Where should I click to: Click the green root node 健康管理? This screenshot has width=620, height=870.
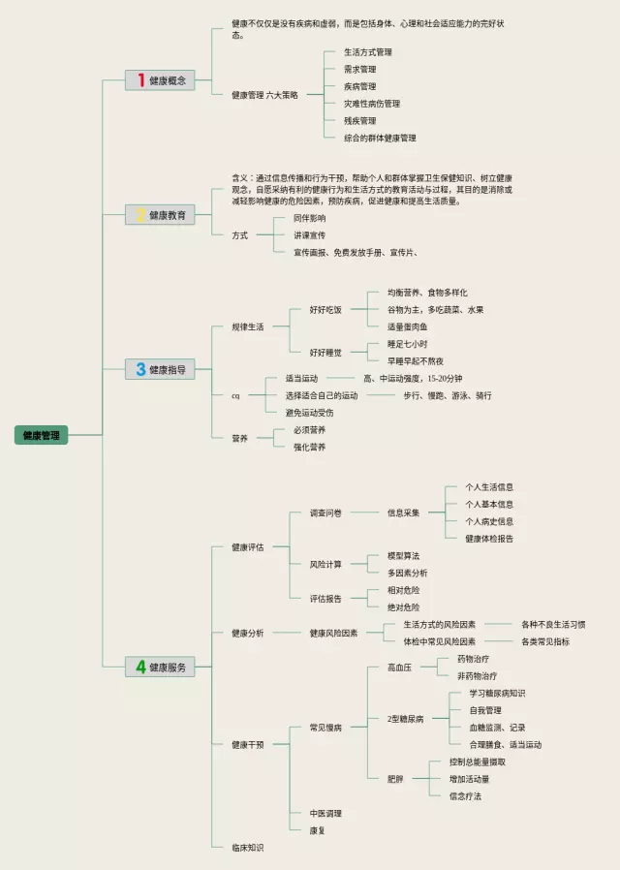41,436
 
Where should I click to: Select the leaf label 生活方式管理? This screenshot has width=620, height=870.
368,52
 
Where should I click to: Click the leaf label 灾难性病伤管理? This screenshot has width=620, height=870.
372,104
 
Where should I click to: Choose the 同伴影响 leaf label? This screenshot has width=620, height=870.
310,218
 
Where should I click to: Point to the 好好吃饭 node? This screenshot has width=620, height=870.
325,310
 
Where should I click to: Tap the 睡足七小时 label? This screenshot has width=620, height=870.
407,344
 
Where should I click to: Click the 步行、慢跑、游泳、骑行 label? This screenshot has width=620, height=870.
448,395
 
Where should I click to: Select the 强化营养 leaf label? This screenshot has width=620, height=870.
310,447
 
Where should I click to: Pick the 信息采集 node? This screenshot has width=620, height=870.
403,513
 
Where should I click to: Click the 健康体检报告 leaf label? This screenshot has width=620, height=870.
489,539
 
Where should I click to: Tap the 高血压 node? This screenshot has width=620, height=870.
399,668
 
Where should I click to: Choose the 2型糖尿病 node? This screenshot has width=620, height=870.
405,719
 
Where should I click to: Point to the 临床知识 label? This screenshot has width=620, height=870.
247,848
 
